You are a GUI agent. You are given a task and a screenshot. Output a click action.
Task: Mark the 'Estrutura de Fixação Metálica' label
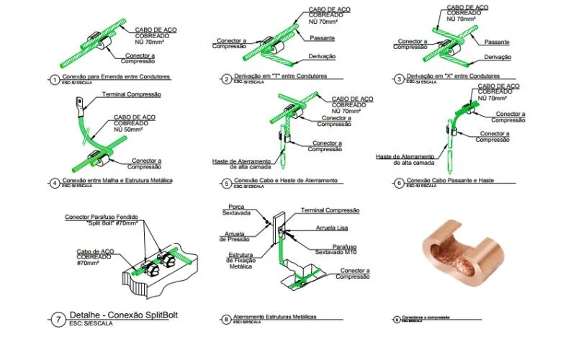[x=233, y=261]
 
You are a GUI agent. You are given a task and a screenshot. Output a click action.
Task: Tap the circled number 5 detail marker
[x=226, y=183]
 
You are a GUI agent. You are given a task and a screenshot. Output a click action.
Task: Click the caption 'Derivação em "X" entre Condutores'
[x=458, y=76]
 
